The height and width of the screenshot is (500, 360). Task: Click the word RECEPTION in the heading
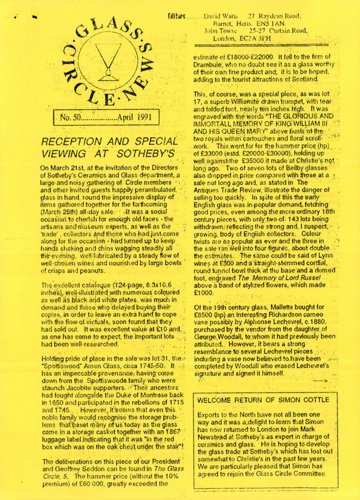pos(72,142)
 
